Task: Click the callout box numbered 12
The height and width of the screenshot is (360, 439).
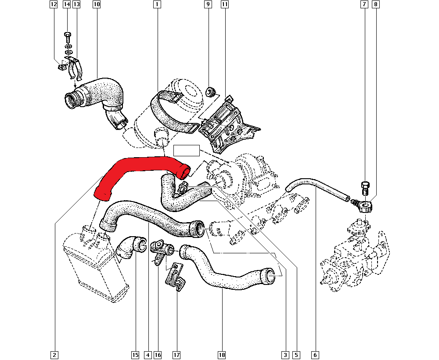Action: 54,4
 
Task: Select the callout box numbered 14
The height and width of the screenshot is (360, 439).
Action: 67,4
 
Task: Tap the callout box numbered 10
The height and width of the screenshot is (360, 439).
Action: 96,4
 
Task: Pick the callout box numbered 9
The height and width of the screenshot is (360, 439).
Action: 208,4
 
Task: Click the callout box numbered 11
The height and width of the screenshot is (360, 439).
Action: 224,4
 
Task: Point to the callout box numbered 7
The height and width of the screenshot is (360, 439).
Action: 364,4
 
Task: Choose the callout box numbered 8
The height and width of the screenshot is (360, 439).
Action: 376,4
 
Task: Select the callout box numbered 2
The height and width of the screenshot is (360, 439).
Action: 54,355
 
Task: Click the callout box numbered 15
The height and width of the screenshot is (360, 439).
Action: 135,355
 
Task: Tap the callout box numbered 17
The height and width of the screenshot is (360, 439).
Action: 176,355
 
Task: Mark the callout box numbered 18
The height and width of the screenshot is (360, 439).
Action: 221,355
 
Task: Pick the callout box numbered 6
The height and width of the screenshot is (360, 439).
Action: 315,355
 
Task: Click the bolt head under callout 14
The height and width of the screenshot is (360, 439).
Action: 68,35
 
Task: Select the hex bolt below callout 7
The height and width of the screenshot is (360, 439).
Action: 365,188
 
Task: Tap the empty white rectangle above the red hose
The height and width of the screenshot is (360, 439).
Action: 187,151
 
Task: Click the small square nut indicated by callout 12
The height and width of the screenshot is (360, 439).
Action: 62,67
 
